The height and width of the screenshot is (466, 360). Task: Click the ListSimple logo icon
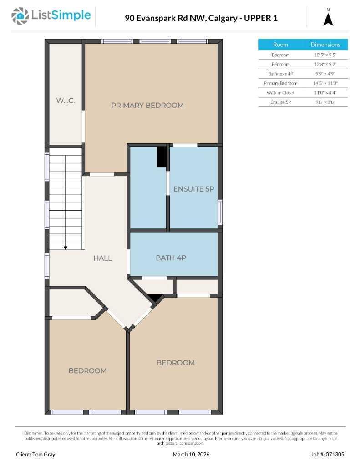[20, 16]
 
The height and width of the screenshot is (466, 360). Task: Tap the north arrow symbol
[328, 19]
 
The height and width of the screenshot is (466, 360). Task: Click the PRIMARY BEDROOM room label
[147, 105]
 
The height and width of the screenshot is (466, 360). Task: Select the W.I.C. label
[65, 101]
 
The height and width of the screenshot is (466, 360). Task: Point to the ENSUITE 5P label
[193, 189]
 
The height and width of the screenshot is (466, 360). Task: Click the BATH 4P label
[171, 258]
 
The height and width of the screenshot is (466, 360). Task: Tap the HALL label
[102, 258]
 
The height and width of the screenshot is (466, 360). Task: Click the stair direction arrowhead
[66, 248]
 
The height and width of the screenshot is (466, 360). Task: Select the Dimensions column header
[325, 45]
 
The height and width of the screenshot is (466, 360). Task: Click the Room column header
[280, 45]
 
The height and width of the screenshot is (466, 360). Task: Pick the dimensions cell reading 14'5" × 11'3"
[325, 83]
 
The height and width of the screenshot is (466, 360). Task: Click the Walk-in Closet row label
[280, 93]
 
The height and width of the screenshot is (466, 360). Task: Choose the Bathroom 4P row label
[280, 74]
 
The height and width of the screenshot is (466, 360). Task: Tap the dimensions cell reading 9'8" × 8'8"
[325, 102]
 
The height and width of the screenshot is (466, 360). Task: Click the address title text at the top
[201, 18]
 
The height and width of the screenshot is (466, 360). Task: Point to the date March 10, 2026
[191, 454]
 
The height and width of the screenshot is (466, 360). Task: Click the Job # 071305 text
[328, 454]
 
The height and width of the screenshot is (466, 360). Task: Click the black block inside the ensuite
[162, 157]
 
